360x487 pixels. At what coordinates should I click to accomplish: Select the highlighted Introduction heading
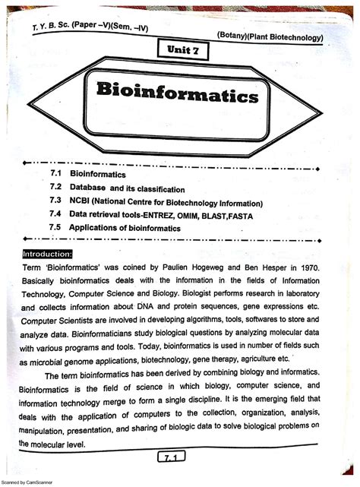[x=48, y=254]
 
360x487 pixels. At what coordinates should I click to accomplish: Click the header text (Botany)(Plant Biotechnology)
[x=270, y=36]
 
